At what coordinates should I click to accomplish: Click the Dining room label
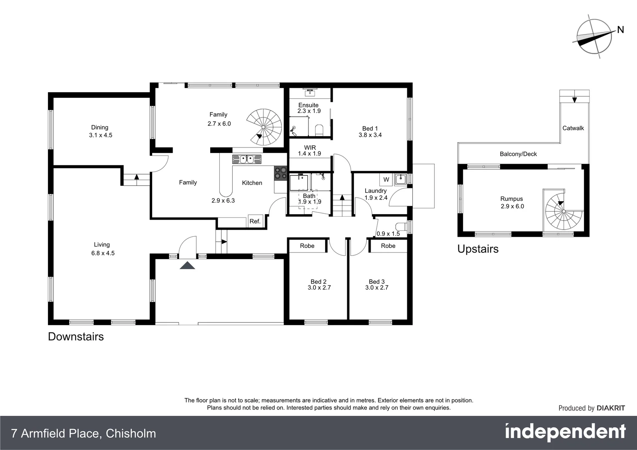point(100,127)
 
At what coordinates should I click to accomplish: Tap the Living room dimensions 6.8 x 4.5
point(103,253)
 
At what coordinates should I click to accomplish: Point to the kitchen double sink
point(246,159)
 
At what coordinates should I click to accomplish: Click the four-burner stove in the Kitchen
point(280,173)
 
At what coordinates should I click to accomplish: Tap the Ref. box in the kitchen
point(255,221)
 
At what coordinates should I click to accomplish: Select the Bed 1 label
point(370,128)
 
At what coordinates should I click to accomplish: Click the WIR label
point(310,147)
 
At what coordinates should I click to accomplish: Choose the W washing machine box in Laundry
point(386,180)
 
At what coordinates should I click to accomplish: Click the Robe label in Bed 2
point(307,246)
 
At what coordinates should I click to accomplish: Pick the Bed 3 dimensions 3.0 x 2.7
point(376,287)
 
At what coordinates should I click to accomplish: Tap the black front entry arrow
point(187,265)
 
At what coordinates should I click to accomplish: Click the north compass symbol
point(595,36)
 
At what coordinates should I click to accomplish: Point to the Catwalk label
point(573,128)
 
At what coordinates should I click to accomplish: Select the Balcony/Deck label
point(518,154)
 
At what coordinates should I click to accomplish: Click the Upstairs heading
point(478,249)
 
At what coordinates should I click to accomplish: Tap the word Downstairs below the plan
point(76,336)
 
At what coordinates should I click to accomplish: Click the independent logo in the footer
point(565,432)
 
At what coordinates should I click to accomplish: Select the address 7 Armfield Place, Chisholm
point(83,433)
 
